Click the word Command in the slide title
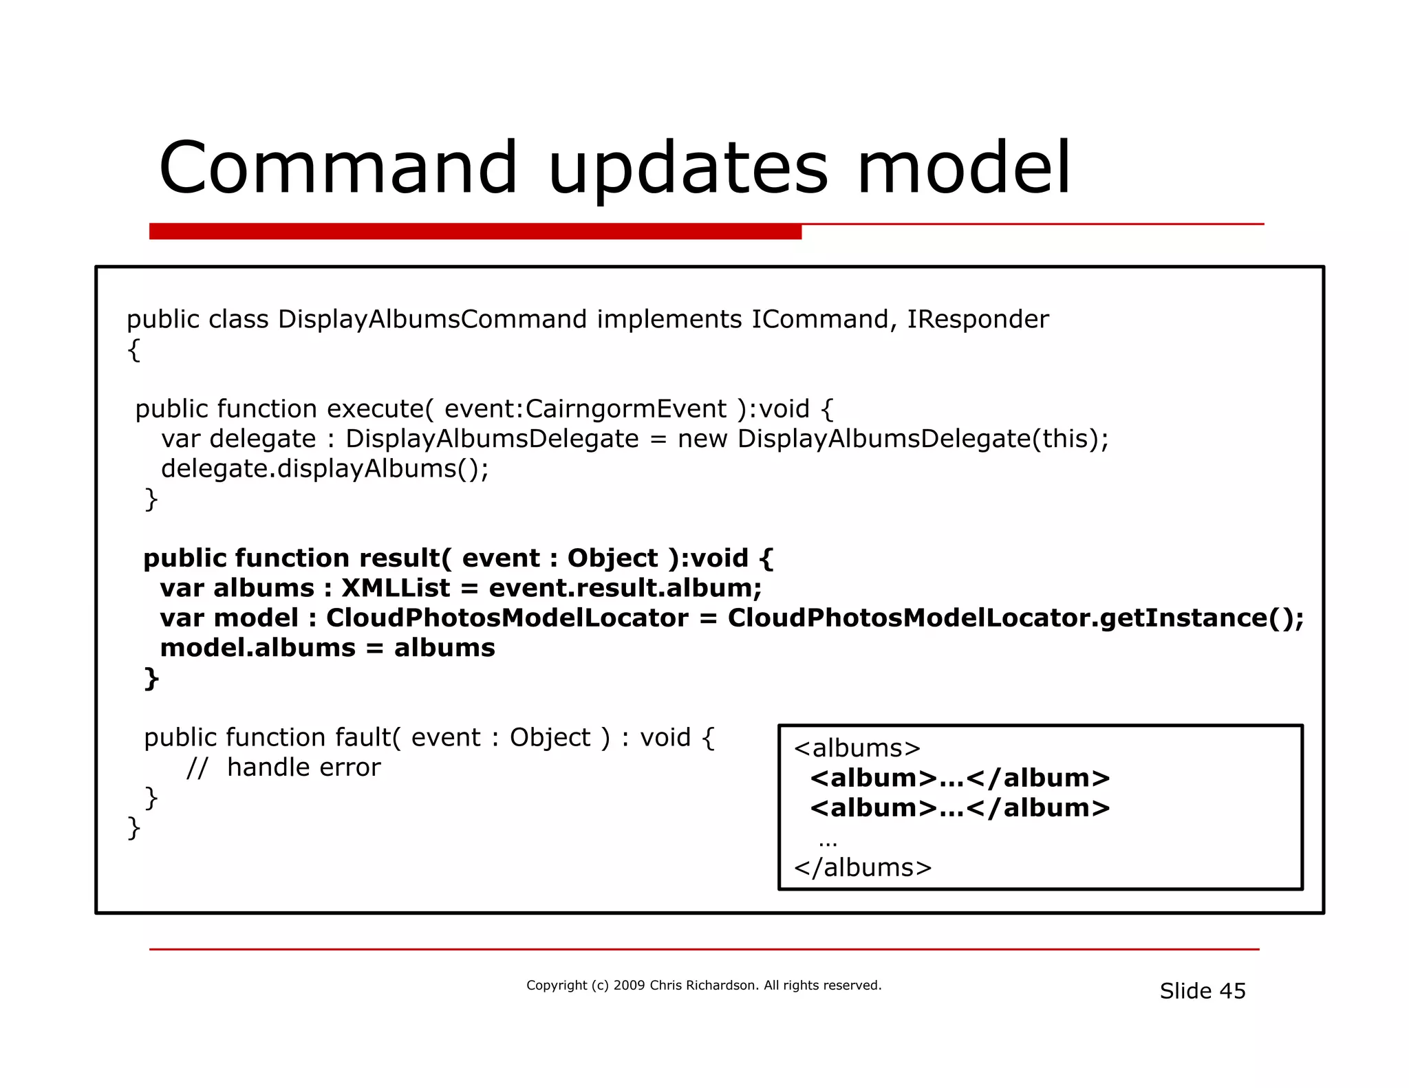coord(338,167)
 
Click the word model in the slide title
coord(963,167)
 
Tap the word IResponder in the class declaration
coord(978,320)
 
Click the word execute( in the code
coord(380,409)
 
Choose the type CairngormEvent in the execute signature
coord(625,409)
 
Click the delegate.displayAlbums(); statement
coord(325,469)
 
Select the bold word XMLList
coord(396,589)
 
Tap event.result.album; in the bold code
coord(625,589)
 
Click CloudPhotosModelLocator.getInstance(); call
coord(1015,618)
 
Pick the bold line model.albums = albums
coord(327,649)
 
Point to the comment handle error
coord(303,768)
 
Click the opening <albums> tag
coord(857,748)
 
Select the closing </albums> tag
coord(863,868)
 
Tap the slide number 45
coord(1232,991)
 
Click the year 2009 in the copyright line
coord(629,986)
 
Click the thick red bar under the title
coord(475,232)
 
